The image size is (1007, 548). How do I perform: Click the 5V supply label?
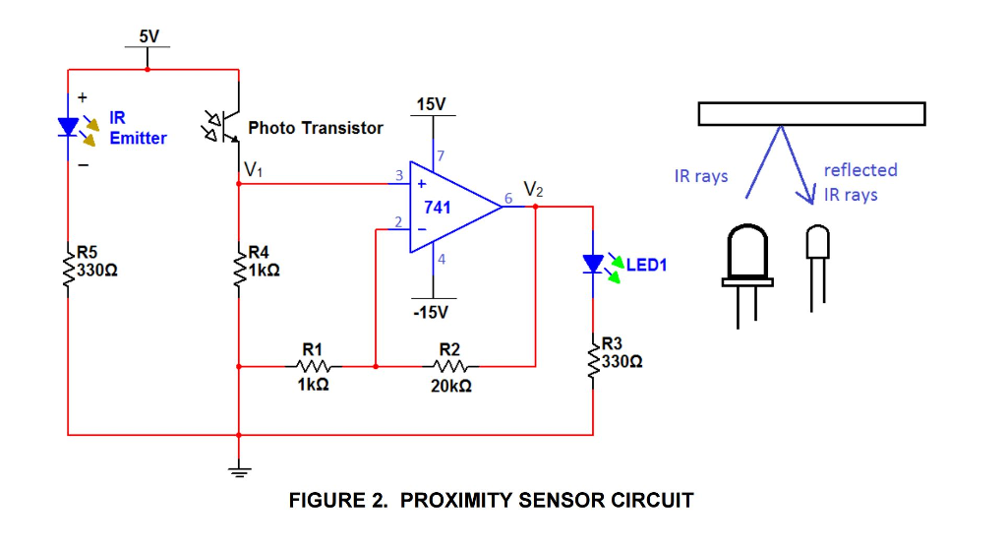[148, 36]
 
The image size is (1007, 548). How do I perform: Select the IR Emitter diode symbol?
[68, 126]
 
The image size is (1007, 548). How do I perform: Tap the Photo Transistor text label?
[316, 128]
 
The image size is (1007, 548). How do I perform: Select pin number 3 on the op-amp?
[399, 176]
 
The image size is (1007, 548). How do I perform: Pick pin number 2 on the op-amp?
[397, 222]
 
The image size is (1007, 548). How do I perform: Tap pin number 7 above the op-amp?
[441, 155]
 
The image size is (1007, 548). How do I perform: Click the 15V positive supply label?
[431, 104]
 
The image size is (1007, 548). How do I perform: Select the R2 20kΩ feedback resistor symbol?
[450, 366]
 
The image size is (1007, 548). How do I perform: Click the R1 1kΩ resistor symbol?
[313, 366]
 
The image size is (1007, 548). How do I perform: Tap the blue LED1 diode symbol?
[593, 264]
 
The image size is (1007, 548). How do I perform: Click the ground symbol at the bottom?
[239, 469]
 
